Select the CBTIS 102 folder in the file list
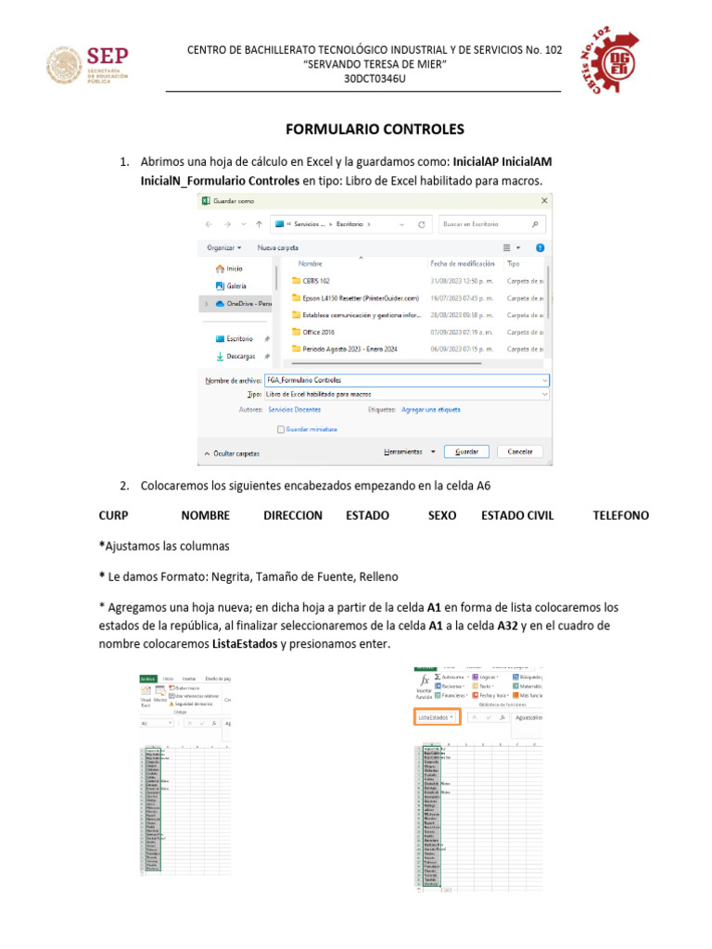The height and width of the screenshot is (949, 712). point(315,280)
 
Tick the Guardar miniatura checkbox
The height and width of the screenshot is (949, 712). point(282,429)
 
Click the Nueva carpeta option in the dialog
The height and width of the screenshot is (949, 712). point(277,247)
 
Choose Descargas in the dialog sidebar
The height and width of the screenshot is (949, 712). point(241,356)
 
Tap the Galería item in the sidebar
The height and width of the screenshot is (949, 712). point(235,285)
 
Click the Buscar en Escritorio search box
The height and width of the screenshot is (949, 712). point(491,223)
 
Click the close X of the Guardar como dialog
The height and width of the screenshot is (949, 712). point(545,200)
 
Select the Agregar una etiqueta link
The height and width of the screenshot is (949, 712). point(430,409)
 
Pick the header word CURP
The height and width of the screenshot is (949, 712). point(113,515)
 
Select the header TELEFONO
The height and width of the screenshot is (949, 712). point(620,515)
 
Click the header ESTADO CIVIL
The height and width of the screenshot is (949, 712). point(517,515)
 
